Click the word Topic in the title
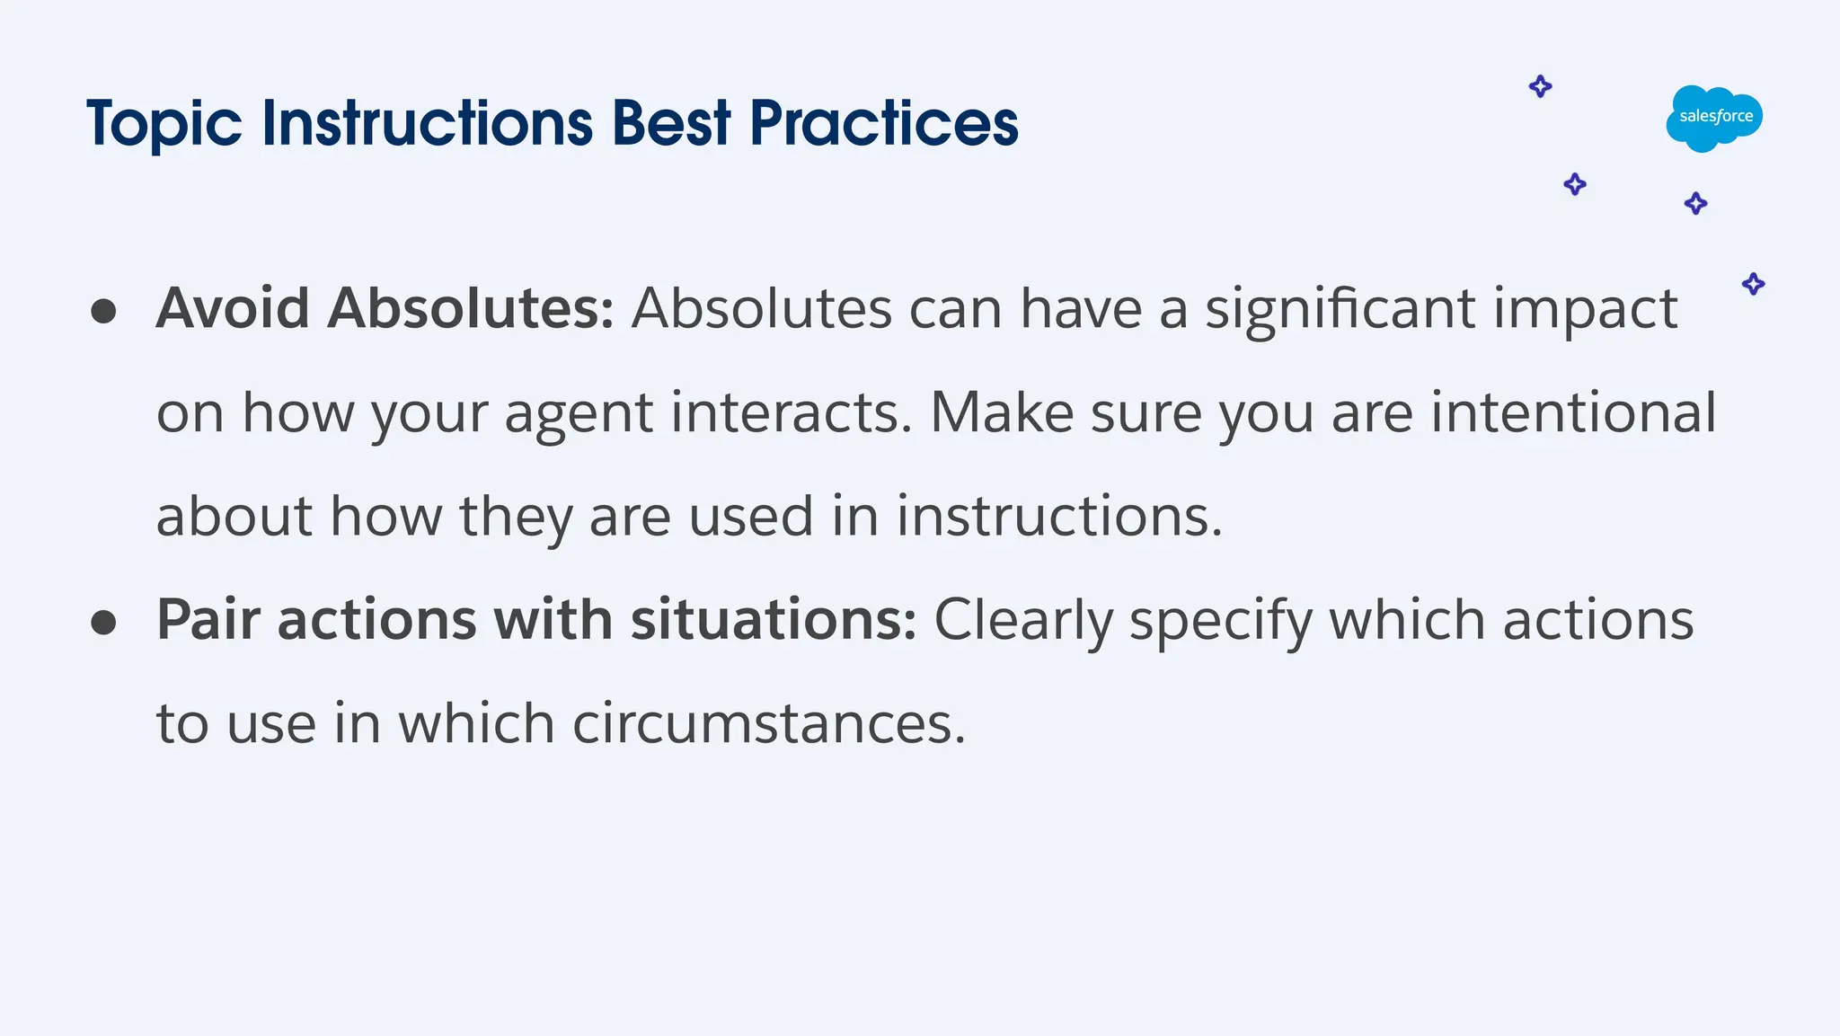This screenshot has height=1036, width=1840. click(x=164, y=124)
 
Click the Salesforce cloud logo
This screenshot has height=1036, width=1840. click(x=1714, y=118)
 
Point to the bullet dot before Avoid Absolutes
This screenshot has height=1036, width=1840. click(x=104, y=311)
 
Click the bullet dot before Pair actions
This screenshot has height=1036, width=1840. click(x=104, y=622)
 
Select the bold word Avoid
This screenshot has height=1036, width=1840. click(x=233, y=308)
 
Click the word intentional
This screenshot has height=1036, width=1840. click(x=1572, y=412)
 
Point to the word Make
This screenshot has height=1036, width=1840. click(x=1001, y=412)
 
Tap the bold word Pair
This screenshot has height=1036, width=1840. click(x=208, y=619)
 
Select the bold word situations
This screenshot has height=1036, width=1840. click(x=773, y=619)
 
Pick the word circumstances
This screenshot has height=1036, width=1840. click(x=768, y=723)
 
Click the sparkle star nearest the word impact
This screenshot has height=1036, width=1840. click(x=1753, y=284)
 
